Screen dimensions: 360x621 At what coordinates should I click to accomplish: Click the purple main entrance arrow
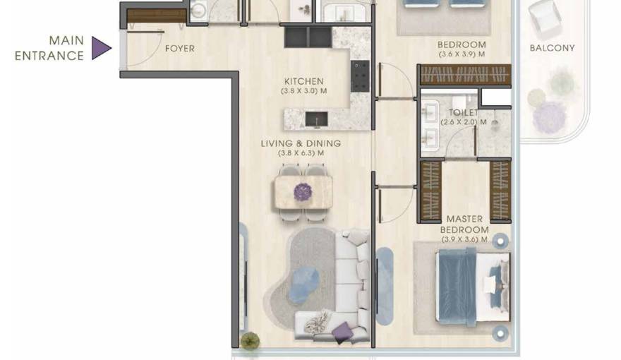coord(102,48)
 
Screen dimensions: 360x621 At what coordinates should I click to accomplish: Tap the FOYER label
coord(179,49)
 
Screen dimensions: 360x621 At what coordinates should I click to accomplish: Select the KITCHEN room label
coord(303,81)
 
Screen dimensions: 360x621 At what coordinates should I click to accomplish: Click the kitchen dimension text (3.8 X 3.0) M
coord(303,91)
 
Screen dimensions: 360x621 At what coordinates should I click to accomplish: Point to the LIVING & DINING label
coord(301,143)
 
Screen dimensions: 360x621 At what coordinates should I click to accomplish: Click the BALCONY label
coord(552,48)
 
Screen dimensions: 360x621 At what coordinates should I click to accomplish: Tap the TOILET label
coord(463,112)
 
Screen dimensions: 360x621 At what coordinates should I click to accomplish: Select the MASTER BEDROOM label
coord(464,224)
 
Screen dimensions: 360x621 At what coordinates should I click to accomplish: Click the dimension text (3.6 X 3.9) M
coord(462,54)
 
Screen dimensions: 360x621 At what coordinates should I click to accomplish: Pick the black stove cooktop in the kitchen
coord(360,76)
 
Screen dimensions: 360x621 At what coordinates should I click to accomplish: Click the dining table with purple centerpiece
coord(303,191)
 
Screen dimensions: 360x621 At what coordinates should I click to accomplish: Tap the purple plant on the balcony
coord(549,116)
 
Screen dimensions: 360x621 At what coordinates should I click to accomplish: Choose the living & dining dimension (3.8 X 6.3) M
coord(301,153)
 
